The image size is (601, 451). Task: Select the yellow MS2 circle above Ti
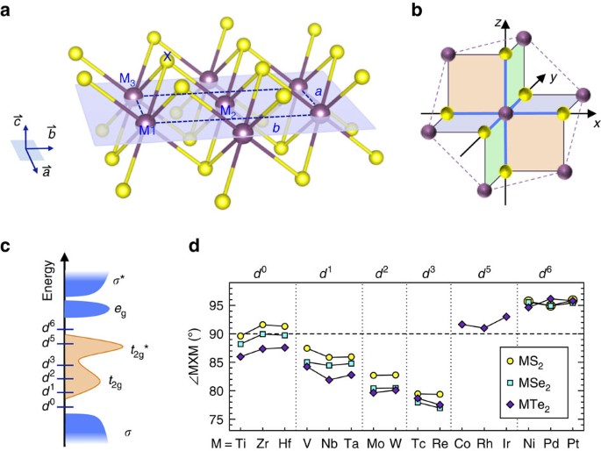click(240, 336)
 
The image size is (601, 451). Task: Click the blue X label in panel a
click(168, 56)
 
